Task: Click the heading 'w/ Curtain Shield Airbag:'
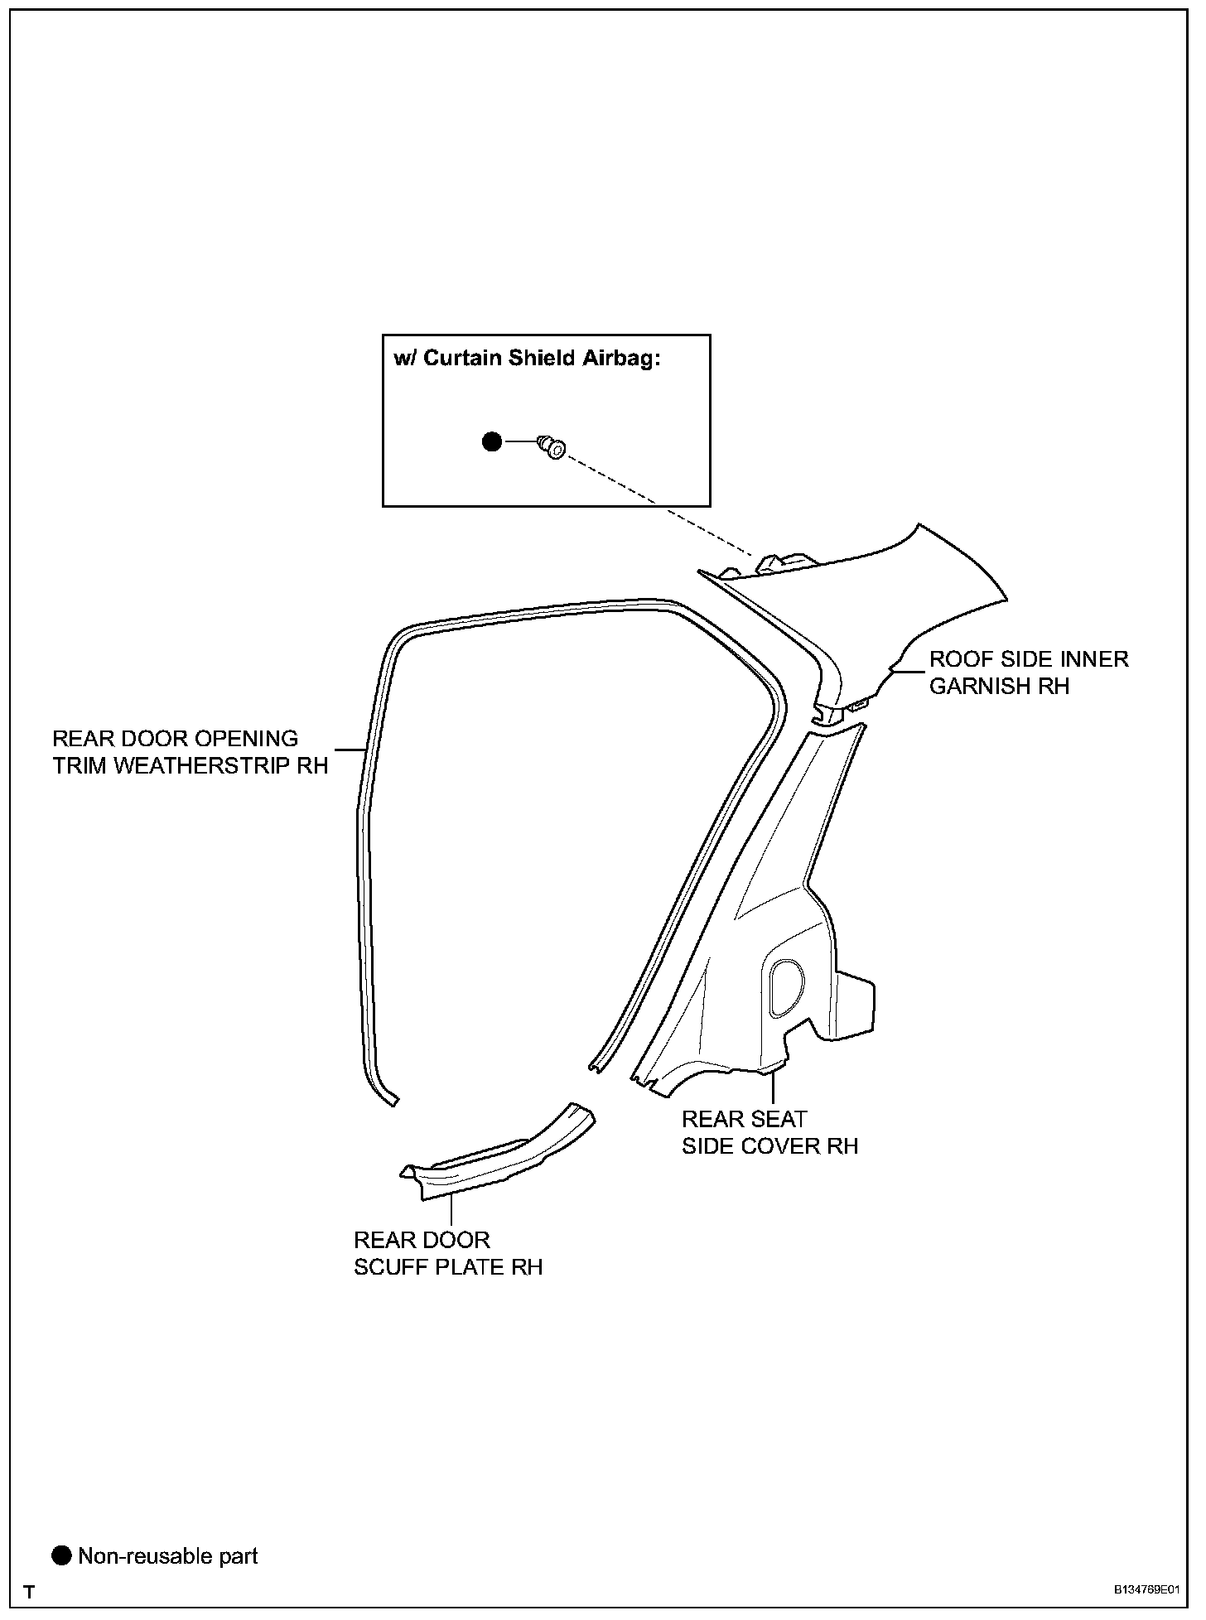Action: pyautogui.click(x=528, y=359)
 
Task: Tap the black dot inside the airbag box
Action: pyautogui.click(x=492, y=442)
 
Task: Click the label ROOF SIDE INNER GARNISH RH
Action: pyautogui.click(x=1029, y=673)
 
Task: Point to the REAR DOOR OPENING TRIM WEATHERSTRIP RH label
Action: pyautogui.click(x=191, y=752)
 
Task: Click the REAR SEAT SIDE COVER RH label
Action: pyautogui.click(x=769, y=1132)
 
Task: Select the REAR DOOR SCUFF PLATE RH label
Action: pyautogui.click(x=448, y=1253)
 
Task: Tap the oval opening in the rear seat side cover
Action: pyautogui.click(x=784, y=987)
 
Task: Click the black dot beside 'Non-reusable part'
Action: pyautogui.click(x=62, y=1556)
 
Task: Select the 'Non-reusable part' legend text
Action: pyautogui.click(x=168, y=1556)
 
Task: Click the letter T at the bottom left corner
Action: pyautogui.click(x=30, y=1592)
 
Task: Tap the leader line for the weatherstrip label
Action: pyautogui.click(x=348, y=749)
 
